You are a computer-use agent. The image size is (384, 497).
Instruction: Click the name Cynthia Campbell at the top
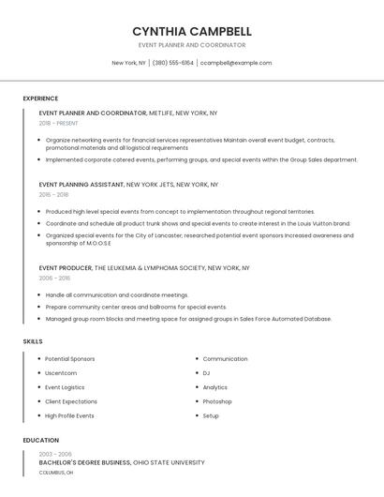coord(192,31)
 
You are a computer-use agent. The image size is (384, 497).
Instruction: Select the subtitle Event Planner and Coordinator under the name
coord(192,45)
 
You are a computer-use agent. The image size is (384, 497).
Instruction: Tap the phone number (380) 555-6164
coord(172,63)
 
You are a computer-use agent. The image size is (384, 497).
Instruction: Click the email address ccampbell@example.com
coord(237,63)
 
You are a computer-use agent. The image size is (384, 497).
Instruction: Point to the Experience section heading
coord(40,98)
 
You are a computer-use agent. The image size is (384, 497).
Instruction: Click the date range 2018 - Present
coord(59,123)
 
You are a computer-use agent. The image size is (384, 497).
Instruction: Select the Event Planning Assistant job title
coord(81,185)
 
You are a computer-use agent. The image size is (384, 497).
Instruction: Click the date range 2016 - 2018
coord(53,195)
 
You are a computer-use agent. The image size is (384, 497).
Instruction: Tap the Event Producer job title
coord(66,267)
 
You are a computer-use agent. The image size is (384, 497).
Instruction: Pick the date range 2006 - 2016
coord(54,279)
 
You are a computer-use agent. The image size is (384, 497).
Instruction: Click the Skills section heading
coord(33,341)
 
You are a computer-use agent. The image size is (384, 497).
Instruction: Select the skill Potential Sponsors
coord(69,359)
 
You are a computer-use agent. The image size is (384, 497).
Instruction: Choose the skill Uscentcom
coord(62,373)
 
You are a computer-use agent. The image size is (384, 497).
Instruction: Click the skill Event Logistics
coord(65,387)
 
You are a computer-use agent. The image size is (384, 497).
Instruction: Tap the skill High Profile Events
coord(69,415)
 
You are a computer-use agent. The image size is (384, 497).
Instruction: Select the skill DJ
coord(206,373)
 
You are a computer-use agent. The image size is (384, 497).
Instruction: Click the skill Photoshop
coord(216,401)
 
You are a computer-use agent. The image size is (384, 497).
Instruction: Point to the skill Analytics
coord(214,387)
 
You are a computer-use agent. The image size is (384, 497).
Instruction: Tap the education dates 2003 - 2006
coord(54,454)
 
